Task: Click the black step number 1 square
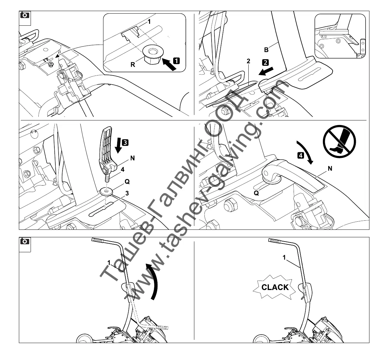[x=176, y=60]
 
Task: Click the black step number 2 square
[x=265, y=62]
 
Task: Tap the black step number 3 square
[x=125, y=142]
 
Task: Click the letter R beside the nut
[x=133, y=64]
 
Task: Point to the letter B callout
[x=266, y=50]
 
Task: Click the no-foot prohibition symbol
[x=339, y=142]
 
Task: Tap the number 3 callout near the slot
[x=127, y=193]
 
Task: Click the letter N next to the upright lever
[x=132, y=158]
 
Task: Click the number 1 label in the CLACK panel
[x=284, y=257]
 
